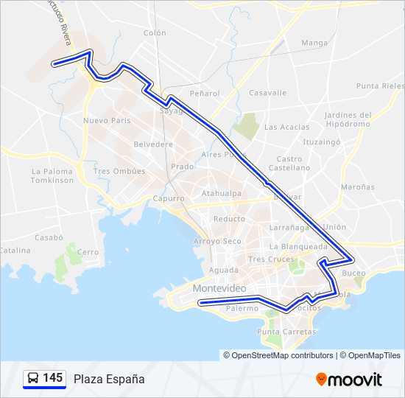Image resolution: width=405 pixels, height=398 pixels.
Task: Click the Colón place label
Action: coord(155,33)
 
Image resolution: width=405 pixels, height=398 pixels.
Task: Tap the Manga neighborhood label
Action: coord(314,43)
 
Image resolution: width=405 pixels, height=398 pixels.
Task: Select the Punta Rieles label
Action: coord(379,86)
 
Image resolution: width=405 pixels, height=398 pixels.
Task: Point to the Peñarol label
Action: coord(205,94)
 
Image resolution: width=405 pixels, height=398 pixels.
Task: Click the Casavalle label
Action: coord(267,93)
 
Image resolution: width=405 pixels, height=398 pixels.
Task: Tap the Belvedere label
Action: coord(153,144)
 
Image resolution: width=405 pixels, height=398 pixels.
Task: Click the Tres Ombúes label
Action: coord(119,171)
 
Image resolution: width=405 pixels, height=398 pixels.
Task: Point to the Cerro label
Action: coord(88,252)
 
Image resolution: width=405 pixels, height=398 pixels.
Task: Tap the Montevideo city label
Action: coord(219,288)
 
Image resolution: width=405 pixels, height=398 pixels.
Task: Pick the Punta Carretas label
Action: coord(286,332)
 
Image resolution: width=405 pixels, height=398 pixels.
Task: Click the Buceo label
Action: coord(353,273)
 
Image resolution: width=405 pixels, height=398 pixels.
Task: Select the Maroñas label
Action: coord(358,187)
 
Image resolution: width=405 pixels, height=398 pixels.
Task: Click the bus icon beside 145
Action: coord(32,379)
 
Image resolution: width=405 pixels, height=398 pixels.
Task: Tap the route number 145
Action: coord(53,378)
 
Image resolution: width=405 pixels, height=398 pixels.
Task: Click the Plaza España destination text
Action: coord(109,379)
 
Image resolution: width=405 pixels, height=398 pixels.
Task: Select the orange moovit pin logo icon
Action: coord(321,379)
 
